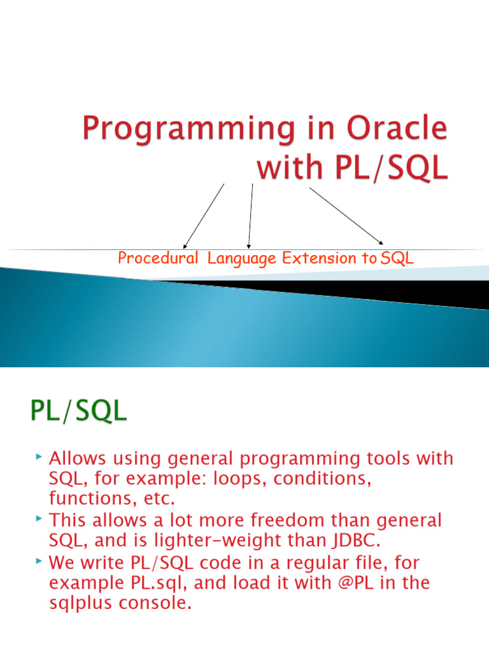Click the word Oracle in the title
click(x=397, y=128)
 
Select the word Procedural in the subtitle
click(x=158, y=258)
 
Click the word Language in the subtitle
click(x=241, y=259)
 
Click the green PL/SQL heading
click(x=78, y=411)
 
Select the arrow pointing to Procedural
click(x=204, y=216)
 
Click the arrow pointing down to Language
click(x=250, y=216)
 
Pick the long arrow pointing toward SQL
click(x=346, y=216)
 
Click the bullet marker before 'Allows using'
click(x=39, y=457)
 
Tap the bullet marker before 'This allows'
click(x=39, y=518)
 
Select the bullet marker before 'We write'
click(x=39, y=561)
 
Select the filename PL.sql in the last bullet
click(x=159, y=583)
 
